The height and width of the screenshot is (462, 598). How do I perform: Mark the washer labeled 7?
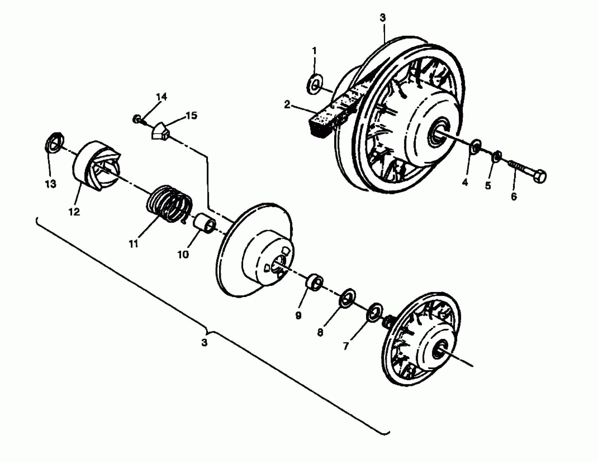point(374,313)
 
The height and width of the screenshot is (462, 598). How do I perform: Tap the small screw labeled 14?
point(137,119)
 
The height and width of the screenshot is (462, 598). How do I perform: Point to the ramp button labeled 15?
point(160,131)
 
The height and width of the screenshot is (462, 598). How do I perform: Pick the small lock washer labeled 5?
point(496,156)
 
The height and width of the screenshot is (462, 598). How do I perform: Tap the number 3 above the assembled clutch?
point(383,17)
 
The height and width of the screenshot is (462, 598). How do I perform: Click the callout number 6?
point(514,196)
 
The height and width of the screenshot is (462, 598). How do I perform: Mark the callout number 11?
point(133,243)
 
